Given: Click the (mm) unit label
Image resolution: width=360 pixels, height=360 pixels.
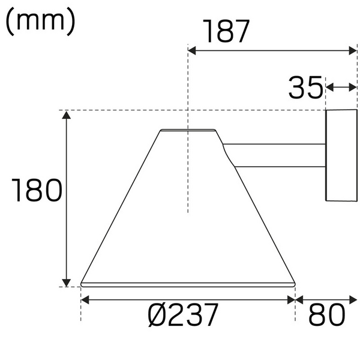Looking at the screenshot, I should [41, 21].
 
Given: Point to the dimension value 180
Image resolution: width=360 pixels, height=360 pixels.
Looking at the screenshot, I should [37, 192].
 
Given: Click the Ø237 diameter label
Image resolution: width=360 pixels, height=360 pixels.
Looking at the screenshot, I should [182, 316].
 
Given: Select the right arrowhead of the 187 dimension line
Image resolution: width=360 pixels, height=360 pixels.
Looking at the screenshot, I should [353, 51].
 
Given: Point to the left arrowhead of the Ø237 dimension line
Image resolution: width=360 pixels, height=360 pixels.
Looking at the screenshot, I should [86, 299].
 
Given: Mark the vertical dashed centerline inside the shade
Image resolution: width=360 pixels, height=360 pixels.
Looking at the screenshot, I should [188, 180].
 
